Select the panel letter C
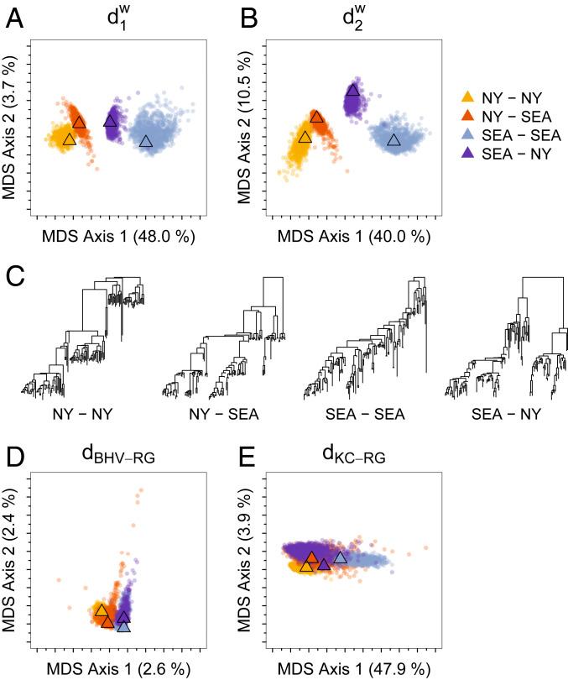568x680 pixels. (x=14, y=275)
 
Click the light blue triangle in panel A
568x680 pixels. (x=146, y=141)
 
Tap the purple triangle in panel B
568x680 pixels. (x=353, y=90)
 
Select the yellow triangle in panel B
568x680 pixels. (x=305, y=137)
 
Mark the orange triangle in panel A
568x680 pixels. (x=79, y=123)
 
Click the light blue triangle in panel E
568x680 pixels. (x=340, y=557)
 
